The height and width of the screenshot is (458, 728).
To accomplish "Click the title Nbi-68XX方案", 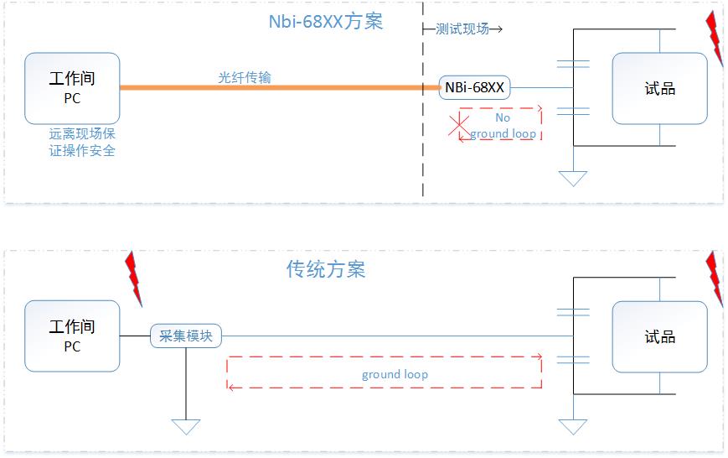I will [x=326, y=22].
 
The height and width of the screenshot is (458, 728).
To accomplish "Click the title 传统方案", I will [x=326, y=269].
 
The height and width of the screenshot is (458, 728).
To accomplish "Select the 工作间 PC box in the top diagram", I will [x=72, y=87].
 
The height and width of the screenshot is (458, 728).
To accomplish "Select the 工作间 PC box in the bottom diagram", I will [x=72, y=336].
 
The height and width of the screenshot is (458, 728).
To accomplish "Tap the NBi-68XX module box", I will [x=474, y=86].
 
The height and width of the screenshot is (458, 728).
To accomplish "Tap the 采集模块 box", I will [x=186, y=336].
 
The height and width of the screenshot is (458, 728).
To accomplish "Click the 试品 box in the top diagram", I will [x=659, y=88].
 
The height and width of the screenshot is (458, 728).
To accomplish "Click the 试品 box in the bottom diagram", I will [x=659, y=336].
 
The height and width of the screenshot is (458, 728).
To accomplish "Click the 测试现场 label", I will [x=463, y=29].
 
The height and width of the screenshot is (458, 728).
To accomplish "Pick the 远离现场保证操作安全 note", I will [x=82, y=142].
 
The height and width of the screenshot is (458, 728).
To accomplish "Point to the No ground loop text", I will [x=503, y=126].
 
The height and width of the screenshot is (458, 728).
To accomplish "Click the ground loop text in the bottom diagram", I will [x=395, y=374].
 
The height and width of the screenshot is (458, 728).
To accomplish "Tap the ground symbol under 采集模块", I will [x=185, y=426].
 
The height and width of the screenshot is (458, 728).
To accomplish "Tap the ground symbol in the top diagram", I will [x=573, y=178].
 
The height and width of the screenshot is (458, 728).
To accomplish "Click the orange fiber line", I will [x=276, y=87].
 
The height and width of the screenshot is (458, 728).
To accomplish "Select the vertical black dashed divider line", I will [x=423, y=126].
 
